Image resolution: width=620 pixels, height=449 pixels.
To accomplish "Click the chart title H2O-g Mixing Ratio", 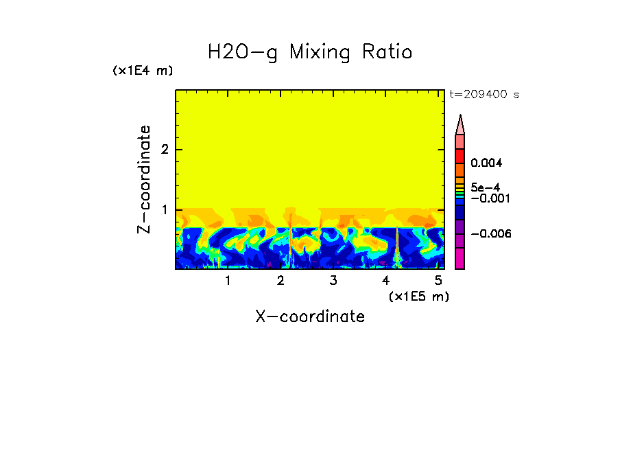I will coord(310,52).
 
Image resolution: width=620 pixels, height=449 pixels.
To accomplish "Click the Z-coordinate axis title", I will coord(144,179).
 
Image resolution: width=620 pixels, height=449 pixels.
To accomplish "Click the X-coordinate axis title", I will coord(310,316).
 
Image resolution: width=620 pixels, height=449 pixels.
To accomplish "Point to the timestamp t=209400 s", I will coord(484,94).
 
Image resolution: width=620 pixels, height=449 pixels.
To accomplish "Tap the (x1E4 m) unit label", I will coord(143,71).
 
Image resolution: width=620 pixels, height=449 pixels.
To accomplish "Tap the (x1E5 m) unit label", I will coord(418,296).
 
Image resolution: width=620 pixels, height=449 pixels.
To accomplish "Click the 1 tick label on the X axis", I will coord(228,281).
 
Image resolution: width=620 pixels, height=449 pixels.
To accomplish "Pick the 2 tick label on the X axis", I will coord(281,281).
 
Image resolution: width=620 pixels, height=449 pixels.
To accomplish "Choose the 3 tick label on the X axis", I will coord(333,281).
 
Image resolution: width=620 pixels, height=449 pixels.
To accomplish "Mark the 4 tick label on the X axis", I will coord(386,281).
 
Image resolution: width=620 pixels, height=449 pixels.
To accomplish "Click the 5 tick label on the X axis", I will coord(439,281).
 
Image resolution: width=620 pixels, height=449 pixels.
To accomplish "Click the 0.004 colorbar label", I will coord(486,163).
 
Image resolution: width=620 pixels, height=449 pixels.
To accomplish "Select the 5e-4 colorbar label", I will coord(485,187).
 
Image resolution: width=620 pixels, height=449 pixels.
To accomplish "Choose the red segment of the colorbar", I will coord(460,156).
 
